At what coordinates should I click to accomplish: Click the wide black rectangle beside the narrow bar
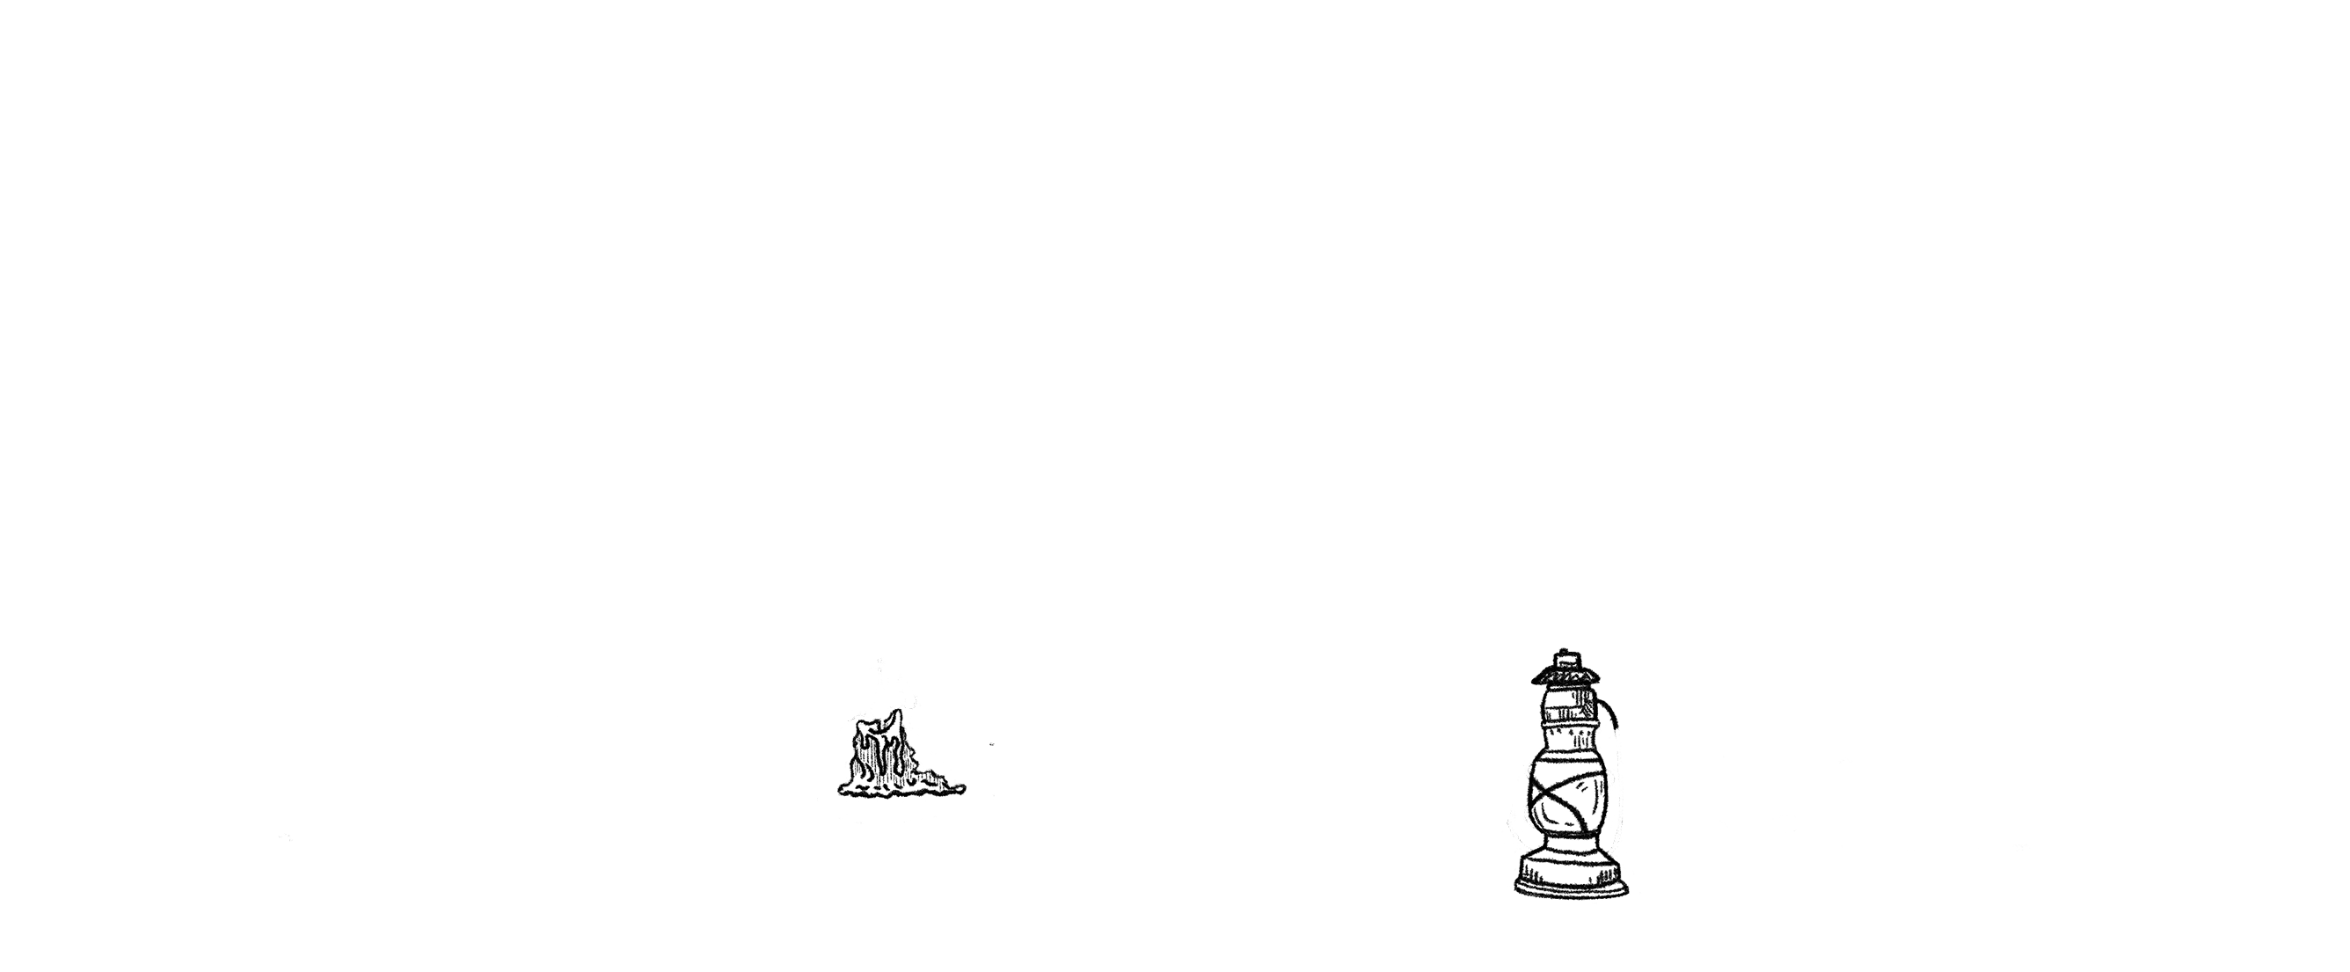click(x=1826, y=703)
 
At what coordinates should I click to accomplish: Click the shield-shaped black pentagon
click(x=556, y=689)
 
